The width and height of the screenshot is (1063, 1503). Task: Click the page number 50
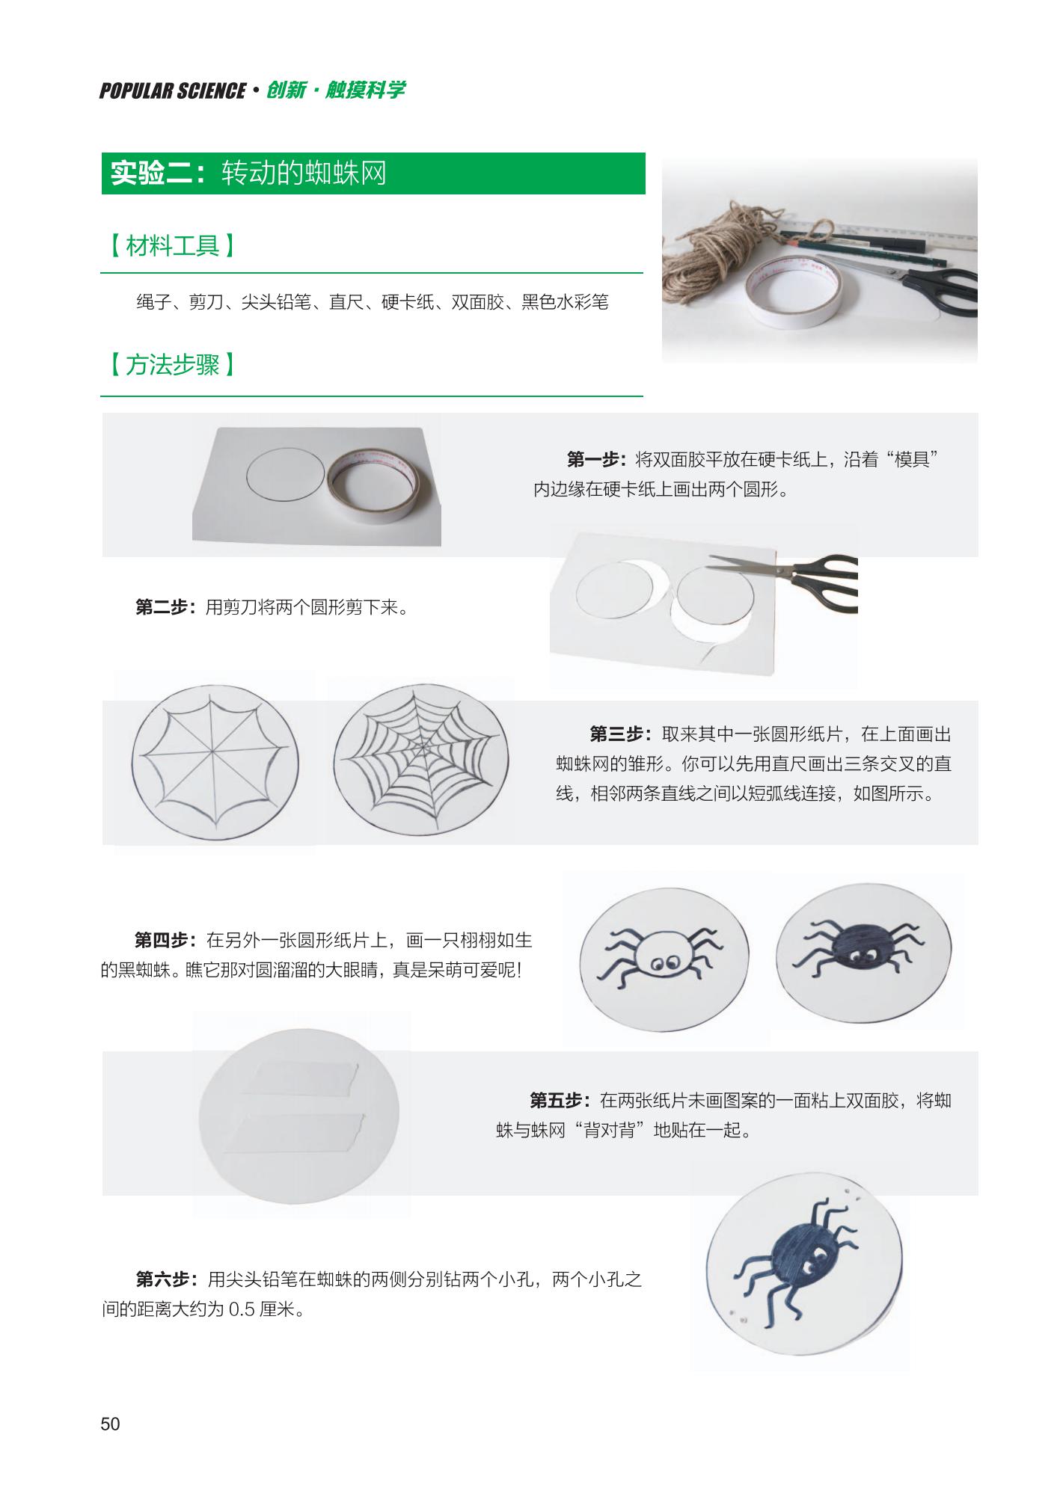[110, 1424]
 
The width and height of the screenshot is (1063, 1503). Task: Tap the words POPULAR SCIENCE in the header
[173, 90]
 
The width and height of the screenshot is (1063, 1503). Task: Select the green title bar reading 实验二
[373, 173]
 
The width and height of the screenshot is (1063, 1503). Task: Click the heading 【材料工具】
[172, 245]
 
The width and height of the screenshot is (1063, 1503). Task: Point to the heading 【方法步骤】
[172, 365]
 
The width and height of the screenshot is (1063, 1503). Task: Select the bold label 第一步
[596, 459]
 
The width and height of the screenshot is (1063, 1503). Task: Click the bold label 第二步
[165, 607]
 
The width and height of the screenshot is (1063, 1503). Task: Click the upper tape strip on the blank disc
[300, 1078]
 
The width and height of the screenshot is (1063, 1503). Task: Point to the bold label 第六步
[166, 1280]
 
